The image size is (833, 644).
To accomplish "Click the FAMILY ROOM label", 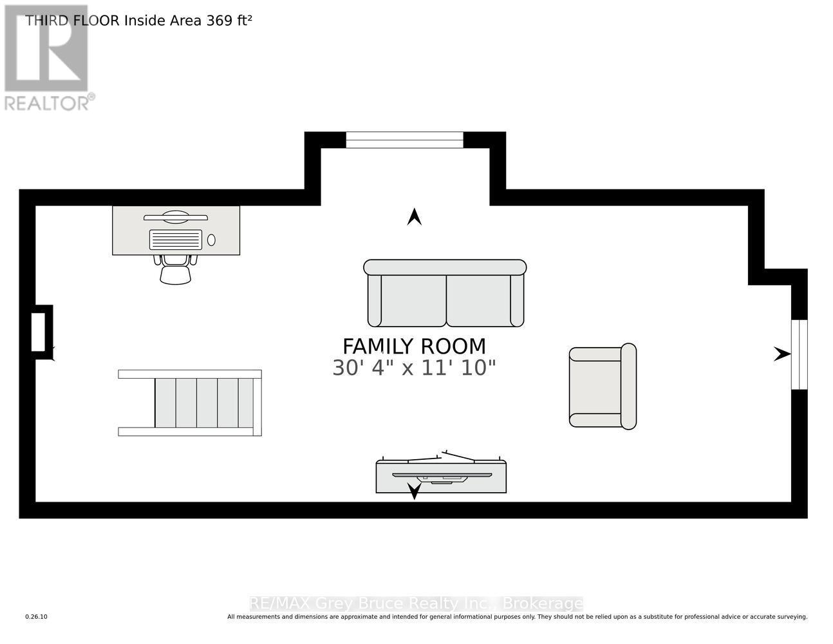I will (414, 346).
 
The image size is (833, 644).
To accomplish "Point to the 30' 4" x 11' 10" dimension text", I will (414, 368).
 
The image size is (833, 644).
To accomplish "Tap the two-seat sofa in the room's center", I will (445, 294).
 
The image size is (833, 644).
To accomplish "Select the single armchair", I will (603, 386).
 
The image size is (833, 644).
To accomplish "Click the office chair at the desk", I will (175, 269).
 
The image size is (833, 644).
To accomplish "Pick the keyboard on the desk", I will (175, 240).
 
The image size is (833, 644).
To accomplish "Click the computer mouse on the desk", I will (211, 240).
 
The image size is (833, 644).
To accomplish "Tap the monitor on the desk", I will (175, 217).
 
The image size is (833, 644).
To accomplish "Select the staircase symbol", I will (190, 403).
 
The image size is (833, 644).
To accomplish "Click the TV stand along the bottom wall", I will (441, 477).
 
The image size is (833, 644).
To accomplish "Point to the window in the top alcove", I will (404, 140).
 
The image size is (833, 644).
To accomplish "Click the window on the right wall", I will (799, 354).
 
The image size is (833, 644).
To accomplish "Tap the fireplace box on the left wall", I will (39, 332).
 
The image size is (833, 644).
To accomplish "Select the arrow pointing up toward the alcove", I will (414, 217).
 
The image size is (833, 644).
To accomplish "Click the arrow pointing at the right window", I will (782, 354).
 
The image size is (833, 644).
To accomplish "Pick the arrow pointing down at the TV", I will (414, 492).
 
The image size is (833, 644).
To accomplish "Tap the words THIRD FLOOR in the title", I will (72, 21).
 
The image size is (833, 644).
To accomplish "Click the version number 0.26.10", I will (36, 617).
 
